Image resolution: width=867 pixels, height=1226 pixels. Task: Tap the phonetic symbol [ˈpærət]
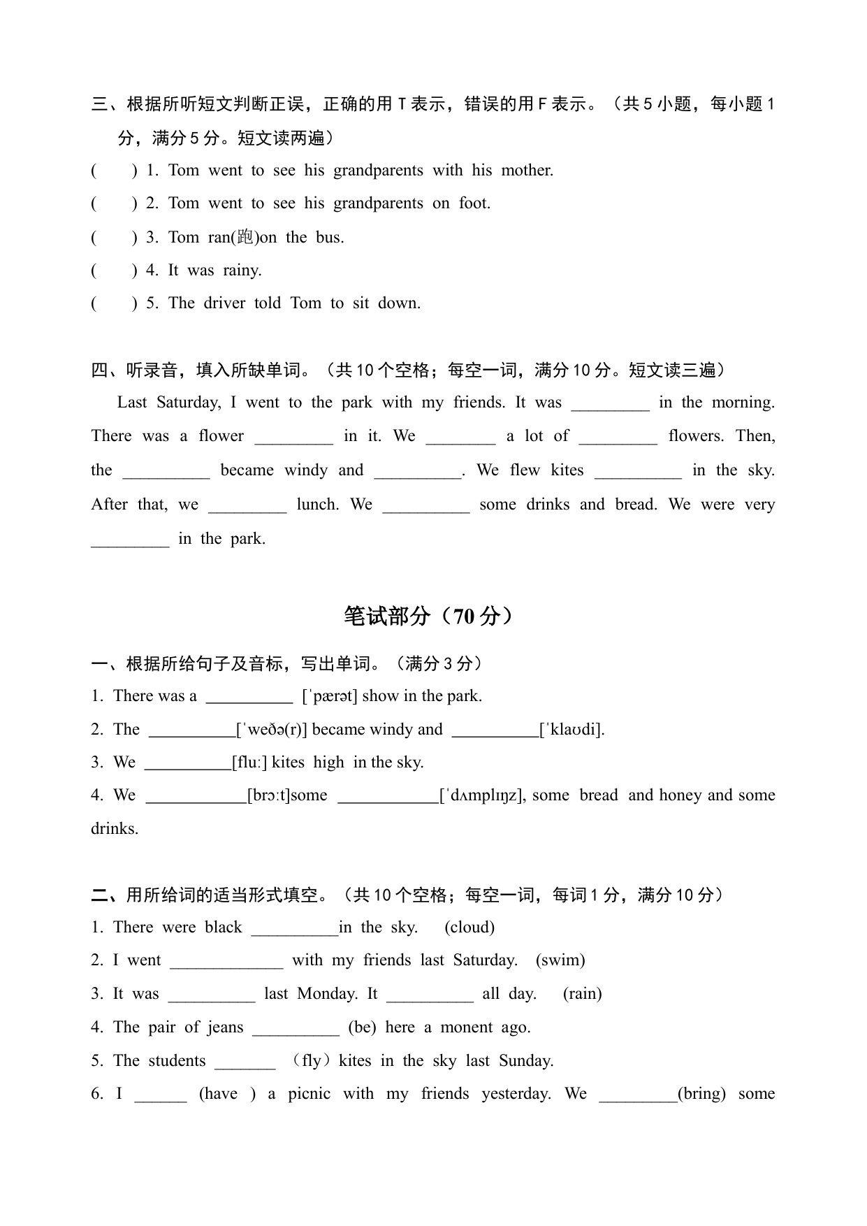(x=330, y=696)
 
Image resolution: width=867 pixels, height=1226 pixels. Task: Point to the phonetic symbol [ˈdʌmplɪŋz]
(x=483, y=795)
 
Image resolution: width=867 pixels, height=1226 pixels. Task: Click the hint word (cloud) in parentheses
(x=469, y=928)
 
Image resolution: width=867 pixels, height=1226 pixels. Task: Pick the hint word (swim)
(x=560, y=960)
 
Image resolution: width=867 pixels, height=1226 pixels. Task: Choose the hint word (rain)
(x=582, y=994)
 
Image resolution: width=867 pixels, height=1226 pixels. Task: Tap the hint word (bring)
(x=702, y=1094)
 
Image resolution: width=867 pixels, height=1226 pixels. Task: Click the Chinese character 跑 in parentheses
(x=245, y=237)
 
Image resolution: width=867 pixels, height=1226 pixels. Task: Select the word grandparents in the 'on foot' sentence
(x=378, y=203)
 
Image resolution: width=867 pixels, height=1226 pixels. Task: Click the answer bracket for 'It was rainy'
(x=114, y=271)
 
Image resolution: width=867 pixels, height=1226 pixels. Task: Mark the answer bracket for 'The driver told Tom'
(x=114, y=303)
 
